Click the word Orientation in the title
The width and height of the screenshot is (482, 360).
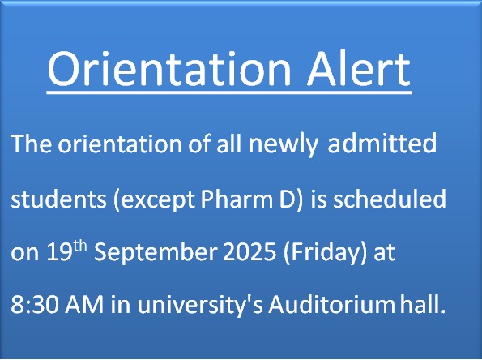click(x=169, y=69)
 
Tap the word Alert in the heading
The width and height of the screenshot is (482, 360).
click(x=359, y=69)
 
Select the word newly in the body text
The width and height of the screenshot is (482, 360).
click(x=283, y=144)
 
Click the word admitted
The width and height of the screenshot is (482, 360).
click(x=382, y=143)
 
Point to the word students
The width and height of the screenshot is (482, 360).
click(x=58, y=199)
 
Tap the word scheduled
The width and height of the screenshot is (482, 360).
click(x=390, y=199)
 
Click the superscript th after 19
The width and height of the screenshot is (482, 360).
click(x=80, y=246)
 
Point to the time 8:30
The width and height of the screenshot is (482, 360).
click(x=34, y=305)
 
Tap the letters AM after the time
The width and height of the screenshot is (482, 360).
click(x=84, y=305)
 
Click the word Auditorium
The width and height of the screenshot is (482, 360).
click(x=331, y=305)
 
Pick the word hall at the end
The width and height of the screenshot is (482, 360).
click(x=423, y=304)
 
